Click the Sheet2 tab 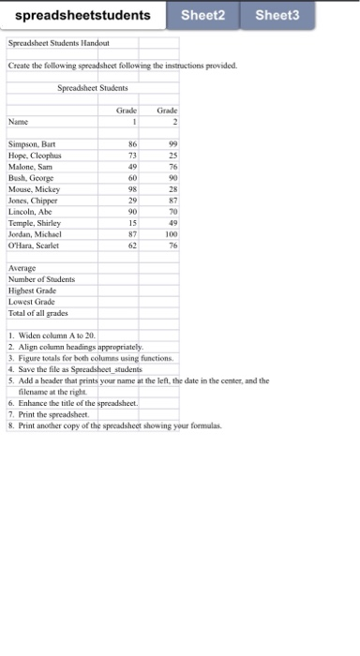pyautogui.click(x=202, y=16)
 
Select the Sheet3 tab pyautogui.click(x=277, y=16)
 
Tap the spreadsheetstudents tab pyautogui.click(x=83, y=16)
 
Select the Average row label pyautogui.click(x=22, y=269)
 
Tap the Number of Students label pyautogui.click(x=40, y=279)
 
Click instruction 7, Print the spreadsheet pyautogui.click(x=49, y=413)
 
